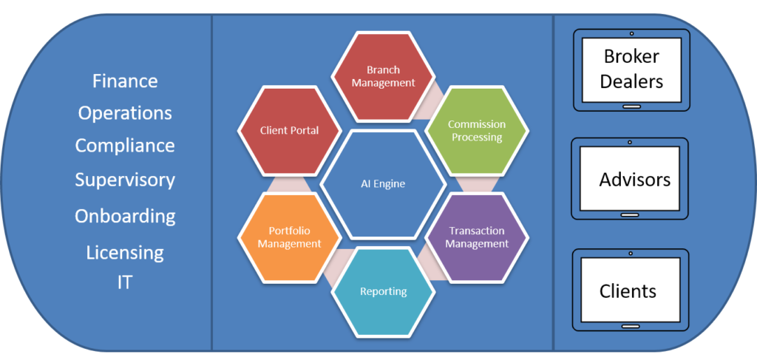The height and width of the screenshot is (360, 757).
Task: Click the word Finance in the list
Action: [x=125, y=81]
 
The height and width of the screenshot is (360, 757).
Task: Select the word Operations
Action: [x=125, y=113]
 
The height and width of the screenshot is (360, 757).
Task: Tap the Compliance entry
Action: [x=125, y=146]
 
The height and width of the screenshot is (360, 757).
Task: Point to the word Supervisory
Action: [x=125, y=180]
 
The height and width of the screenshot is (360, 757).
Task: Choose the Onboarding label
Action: [x=125, y=216]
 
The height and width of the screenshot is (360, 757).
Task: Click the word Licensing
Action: [x=125, y=252]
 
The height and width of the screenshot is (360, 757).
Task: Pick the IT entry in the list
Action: [x=125, y=282]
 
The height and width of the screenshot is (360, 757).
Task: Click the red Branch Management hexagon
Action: [x=383, y=76]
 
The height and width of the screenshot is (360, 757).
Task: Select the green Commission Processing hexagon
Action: [x=477, y=131]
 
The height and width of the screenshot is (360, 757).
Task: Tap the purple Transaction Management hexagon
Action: [x=478, y=237]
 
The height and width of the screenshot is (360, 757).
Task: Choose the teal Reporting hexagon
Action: [x=383, y=291]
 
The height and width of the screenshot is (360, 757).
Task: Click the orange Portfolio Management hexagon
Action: [x=289, y=237]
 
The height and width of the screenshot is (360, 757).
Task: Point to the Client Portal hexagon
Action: [x=289, y=131]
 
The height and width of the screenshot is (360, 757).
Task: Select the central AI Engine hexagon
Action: [x=384, y=183]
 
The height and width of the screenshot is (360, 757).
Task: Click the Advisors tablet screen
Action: [x=631, y=178]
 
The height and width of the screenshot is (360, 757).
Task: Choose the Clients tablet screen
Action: [x=631, y=289]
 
